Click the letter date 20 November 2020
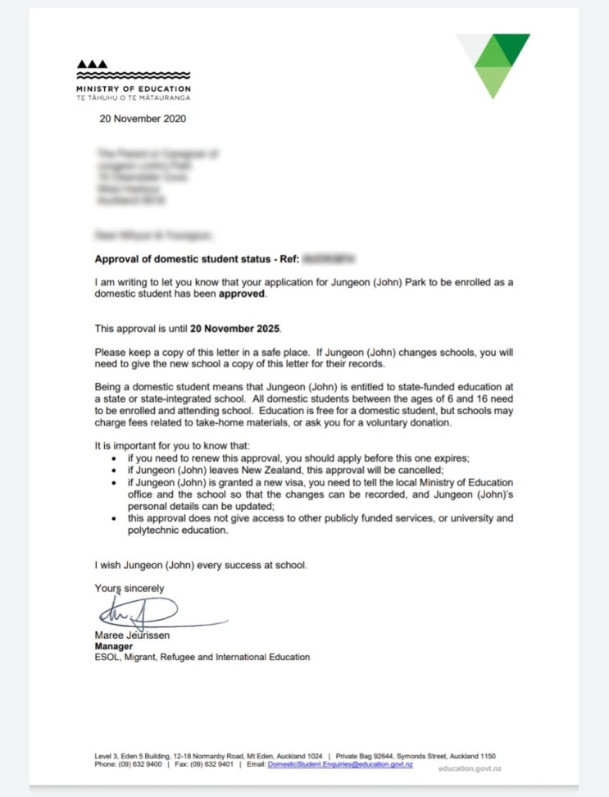click(143, 119)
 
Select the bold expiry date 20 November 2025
click(234, 329)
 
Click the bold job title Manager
click(115, 646)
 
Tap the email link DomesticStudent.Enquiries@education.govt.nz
click(340, 764)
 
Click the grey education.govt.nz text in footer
click(470, 768)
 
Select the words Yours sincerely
click(130, 588)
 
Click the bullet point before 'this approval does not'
click(113, 520)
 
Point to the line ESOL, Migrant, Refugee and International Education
click(202, 657)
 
